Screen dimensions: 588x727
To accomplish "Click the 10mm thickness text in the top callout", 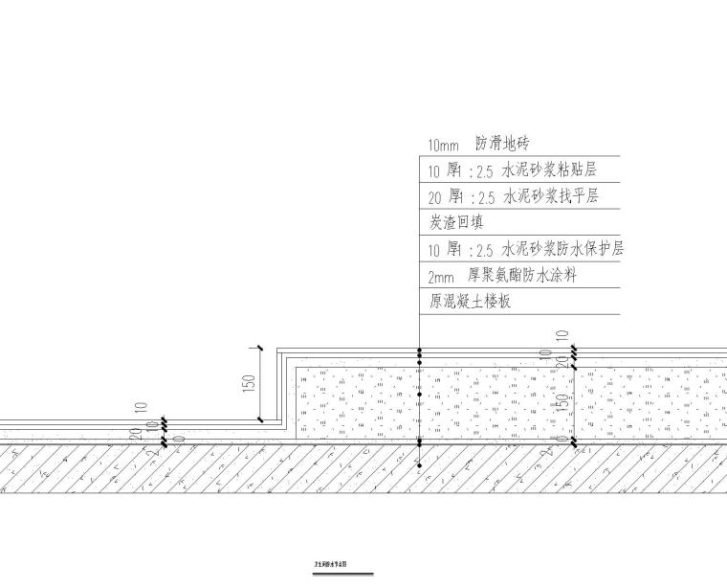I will (444, 146).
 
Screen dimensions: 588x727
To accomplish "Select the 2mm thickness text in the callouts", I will (443, 276).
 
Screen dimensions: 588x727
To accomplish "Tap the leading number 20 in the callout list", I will (434, 197).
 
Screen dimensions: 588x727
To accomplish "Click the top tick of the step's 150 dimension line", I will (260, 348).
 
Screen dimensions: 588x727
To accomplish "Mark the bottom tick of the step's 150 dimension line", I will (260, 419).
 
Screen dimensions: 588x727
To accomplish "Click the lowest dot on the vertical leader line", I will (419, 466).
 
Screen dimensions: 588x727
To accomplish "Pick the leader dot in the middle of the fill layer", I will (419, 395).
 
